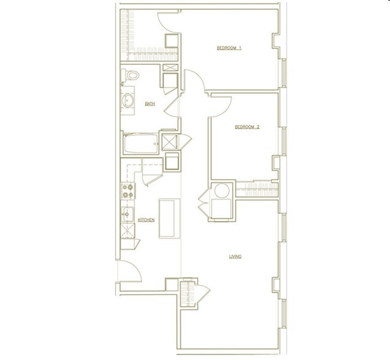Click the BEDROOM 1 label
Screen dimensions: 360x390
(228, 48)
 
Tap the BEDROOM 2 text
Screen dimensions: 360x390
(247, 127)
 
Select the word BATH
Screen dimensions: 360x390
(150, 104)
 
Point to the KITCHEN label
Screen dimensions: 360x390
(146, 220)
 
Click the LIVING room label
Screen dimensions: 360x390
(235, 257)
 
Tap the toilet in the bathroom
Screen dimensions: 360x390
(132, 76)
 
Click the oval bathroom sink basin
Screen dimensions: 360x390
(129, 102)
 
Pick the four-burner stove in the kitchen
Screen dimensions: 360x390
(128, 191)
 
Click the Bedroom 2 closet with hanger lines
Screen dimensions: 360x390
(255, 187)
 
